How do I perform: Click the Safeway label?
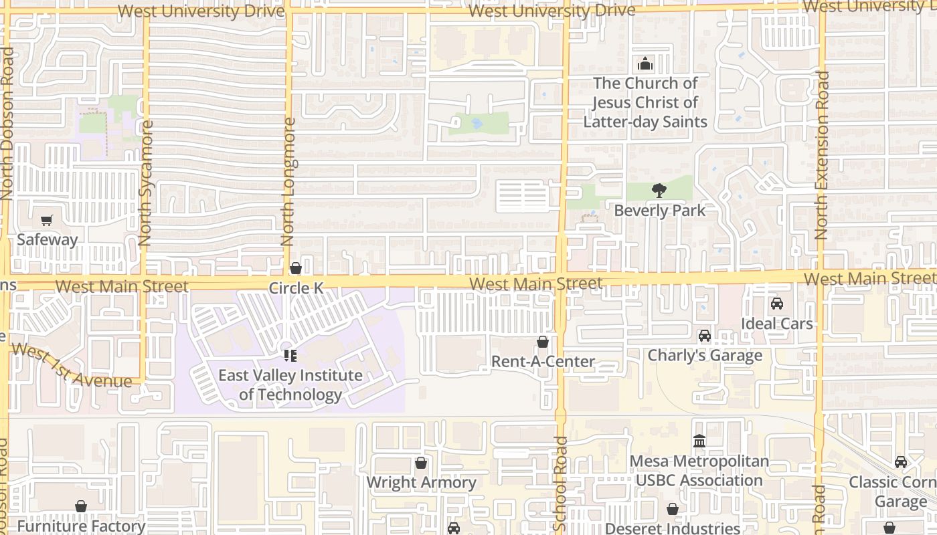click(x=47, y=239)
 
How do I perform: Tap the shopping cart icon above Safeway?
click(x=47, y=220)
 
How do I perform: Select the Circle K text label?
click(x=296, y=288)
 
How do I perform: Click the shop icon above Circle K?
click(x=295, y=269)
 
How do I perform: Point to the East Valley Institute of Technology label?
click(x=290, y=385)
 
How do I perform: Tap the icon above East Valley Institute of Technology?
click(x=290, y=355)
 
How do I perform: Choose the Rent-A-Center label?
click(x=543, y=362)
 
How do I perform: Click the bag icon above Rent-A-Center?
click(x=543, y=342)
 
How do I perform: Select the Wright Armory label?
click(x=421, y=482)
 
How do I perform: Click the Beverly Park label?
click(x=659, y=211)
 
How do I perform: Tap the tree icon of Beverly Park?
click(x=659, y=191)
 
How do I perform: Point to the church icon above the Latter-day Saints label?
click(x=645, y=64)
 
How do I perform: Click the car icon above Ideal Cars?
click(x=777, y=304)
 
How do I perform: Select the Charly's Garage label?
click(x=705, y=355)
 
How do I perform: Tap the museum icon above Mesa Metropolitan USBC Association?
click(x=699, y=441)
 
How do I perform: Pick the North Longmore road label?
click(x=288, y=181)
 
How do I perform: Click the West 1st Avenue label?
click(x=71, y=366)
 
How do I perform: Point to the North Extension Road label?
click(x=822, y=155)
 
